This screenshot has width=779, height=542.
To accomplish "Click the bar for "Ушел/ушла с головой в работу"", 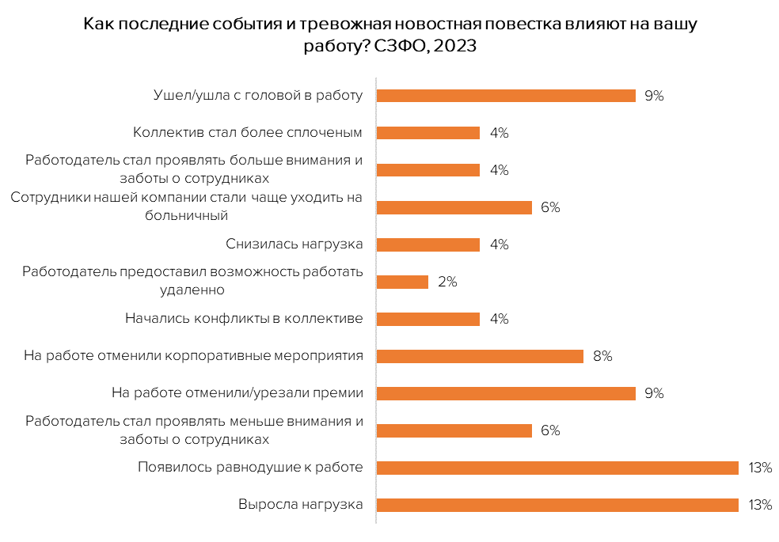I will pyautogui.click(x=506, y=96).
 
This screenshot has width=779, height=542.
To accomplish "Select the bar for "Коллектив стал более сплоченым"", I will pyautogui.click(x=428, y=133).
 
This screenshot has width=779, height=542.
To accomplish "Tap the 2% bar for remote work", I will pyautogui.click(x=402, y=282).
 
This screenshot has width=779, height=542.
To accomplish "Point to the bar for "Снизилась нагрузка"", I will pyautogui.click(x=428, y=244).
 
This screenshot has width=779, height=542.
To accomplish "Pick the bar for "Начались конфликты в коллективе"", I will pyautogui.click(x=428, y=319).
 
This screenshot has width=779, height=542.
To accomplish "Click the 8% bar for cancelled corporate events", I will pyautogui.click(x=480, y=356).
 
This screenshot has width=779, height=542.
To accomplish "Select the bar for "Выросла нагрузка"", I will pyautogui.click(x=557, y=505).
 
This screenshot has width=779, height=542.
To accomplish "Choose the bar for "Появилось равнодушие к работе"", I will pyautogui.click(x=557, y=468).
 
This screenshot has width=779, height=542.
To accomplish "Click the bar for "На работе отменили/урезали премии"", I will pyautogui.click(x=506, y=393).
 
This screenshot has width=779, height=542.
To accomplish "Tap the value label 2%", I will pyautogui.click(x=447, y=282).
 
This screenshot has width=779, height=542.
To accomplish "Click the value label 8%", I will pyautogui.click(x=602, y=356).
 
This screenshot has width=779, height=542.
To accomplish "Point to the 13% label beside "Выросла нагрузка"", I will pyautogui.click(x=759, y=505).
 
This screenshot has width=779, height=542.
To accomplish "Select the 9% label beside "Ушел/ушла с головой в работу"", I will pyautogui.click(x=654, y=96).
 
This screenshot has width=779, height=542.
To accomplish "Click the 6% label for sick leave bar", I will pyautogui.click(x=550, y=207).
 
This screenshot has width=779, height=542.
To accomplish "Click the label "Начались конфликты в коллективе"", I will pyautogui.click(x=244, y=319).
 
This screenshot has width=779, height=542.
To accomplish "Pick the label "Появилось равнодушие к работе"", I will pyautogui.click(x=250, y=468).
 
